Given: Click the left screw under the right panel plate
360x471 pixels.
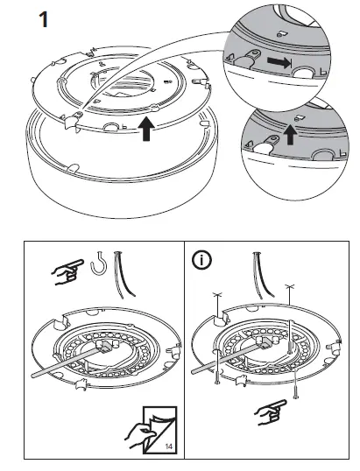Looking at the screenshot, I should (x=215, y=377).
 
